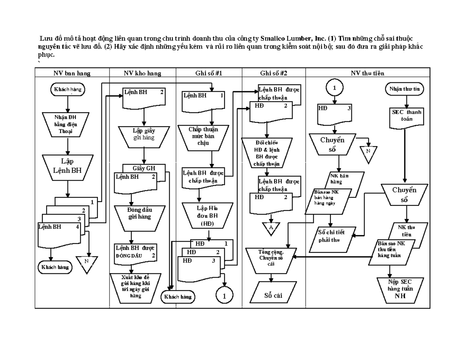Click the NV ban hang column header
[x=72, y=73]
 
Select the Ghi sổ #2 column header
[x=274, y=73]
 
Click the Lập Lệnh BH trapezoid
[x=68, y=165]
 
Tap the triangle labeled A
[x=271, y=229]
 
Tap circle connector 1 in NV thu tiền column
[x=335, y=88]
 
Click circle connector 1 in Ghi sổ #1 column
[x=224, y=296]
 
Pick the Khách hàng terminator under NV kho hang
[x=178, y=297]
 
